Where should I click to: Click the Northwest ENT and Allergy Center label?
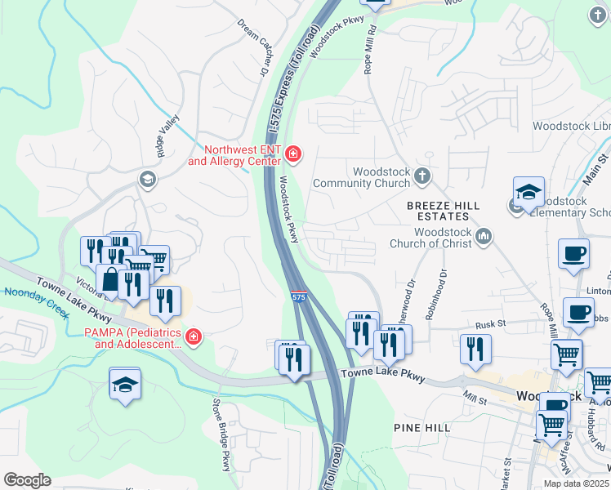(237, 155)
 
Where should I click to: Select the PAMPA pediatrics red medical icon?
(194, 336)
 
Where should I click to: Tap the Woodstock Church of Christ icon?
(484, 237)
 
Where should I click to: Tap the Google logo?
(27, 480)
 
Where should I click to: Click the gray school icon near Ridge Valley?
(147, 179)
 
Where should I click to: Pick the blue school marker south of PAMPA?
(125, 385)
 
